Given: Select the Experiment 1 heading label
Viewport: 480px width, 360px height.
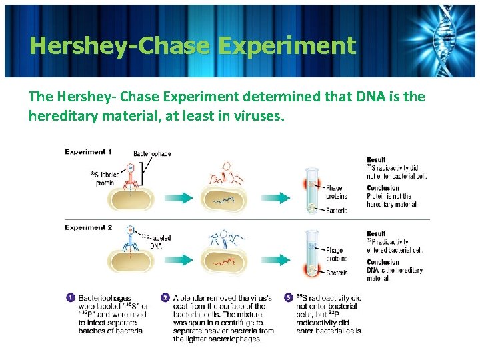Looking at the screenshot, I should pos(88,152).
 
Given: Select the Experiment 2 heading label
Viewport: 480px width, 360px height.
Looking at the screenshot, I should pos(88,227).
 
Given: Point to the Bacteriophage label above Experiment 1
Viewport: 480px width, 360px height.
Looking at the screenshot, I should pos(152,153).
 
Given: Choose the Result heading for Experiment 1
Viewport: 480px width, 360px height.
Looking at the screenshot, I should pos(376,159).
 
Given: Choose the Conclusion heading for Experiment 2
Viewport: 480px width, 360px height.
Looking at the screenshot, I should pos(383,262).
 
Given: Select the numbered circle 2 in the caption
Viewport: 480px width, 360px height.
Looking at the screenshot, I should pos(165,297).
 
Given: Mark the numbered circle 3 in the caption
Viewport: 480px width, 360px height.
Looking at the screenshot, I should pos(288,297).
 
